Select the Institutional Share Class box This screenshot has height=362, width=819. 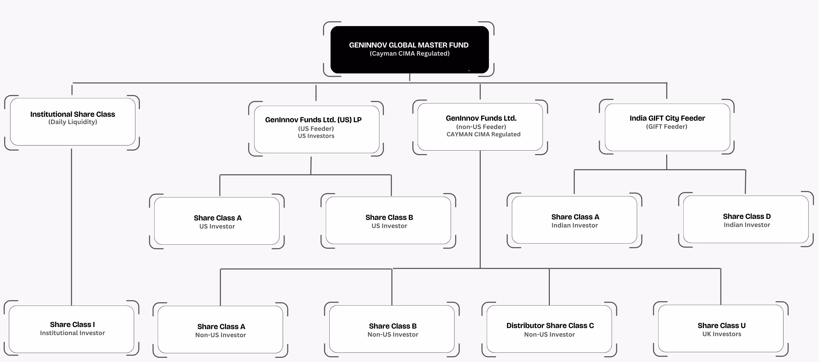pyautogui.click(x=72, y=122)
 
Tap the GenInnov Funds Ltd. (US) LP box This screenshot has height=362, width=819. pyautogui.click(x=316, y=129)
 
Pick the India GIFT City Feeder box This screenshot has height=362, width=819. pyautogui.click(x=667, y=127)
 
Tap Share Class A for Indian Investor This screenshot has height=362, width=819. pyautogui.click(x=574, y=220)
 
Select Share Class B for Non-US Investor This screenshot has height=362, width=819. pyautogui.click(x=392, y=329)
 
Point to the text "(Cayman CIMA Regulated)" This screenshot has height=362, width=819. pyautogui.click(x=410, y=54)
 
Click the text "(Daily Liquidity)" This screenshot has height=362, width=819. pyautogui.click(x=72, y=122)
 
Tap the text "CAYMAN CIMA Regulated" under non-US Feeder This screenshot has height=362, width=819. pyautogui.click(x=483, y=134)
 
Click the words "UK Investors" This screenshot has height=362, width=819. pyautogui.click(x=722, y=334)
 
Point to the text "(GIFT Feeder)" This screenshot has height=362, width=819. pyautogui.click(x=667, y=127)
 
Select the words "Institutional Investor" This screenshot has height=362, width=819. pyautogui.click(x=72, y=333)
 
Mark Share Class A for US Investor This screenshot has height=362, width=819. pyautogui.click(x=217, y=221)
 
